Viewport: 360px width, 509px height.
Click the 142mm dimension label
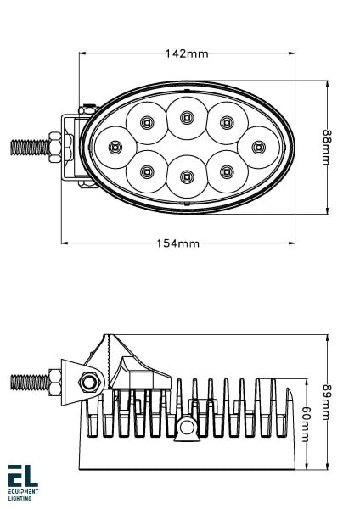[186, 54]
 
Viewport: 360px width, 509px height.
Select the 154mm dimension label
[177, 243]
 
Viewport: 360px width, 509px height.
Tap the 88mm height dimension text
[326, 148]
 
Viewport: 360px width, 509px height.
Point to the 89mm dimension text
[326, 400]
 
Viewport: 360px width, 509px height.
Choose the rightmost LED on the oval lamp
[257, 146]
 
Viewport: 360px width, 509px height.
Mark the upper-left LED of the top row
[146, 122]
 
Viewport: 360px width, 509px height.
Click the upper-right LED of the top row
[226, 122]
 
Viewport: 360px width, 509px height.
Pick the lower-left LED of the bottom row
[146, 171]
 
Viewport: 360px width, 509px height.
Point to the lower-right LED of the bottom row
[226, 171]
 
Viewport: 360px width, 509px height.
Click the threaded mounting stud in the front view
[31, 147]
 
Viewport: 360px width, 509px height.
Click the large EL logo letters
[23, 476]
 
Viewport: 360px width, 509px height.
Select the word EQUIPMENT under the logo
[24, 491]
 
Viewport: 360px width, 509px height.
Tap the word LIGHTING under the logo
[20, 498]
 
